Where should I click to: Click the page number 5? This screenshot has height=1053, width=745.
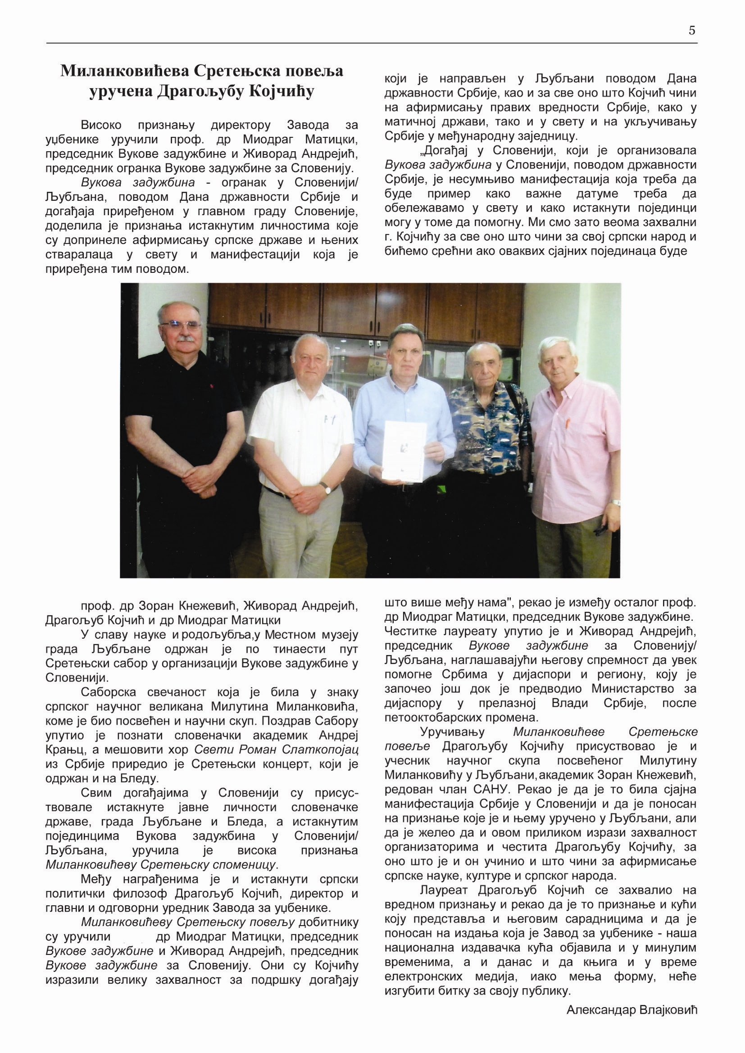click(x=692, y=31)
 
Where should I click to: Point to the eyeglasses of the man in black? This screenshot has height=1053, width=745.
click(x=180, y=325)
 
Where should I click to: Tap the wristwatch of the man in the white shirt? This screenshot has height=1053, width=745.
click(x=327, y=488)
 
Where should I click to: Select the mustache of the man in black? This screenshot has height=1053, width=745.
click(x=185, y=339)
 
